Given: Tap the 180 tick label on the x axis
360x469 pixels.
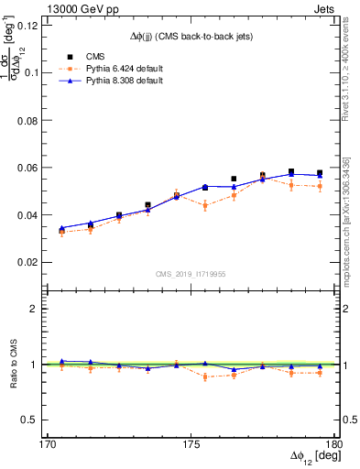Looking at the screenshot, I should click(334, 444).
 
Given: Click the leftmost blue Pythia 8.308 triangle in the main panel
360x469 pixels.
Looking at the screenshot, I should click(61, 228).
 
